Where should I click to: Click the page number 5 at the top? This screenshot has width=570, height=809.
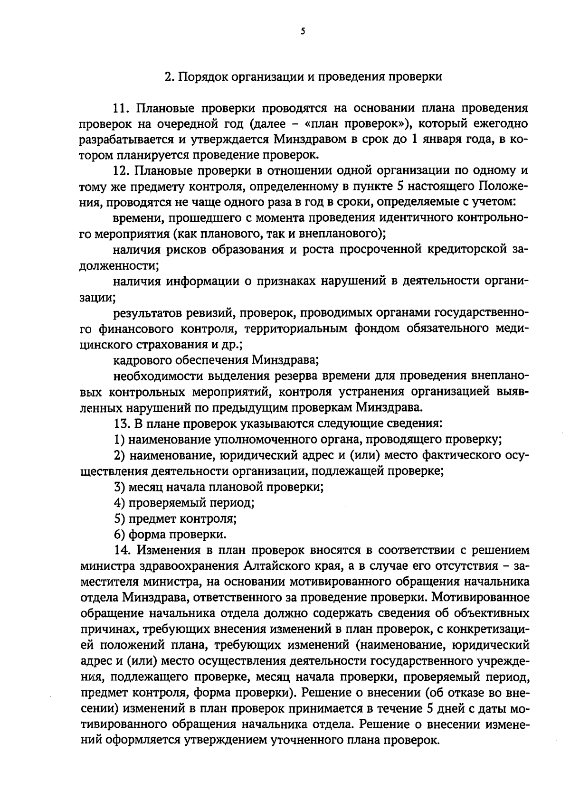[x=303, y=31]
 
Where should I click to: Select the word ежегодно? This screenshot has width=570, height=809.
[x=501, y=124]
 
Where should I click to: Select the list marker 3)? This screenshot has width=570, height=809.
[x=119, y=487]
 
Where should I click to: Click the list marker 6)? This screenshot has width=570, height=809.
[x=119, y=534]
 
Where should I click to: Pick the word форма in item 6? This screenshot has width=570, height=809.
[x=146, y=534]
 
